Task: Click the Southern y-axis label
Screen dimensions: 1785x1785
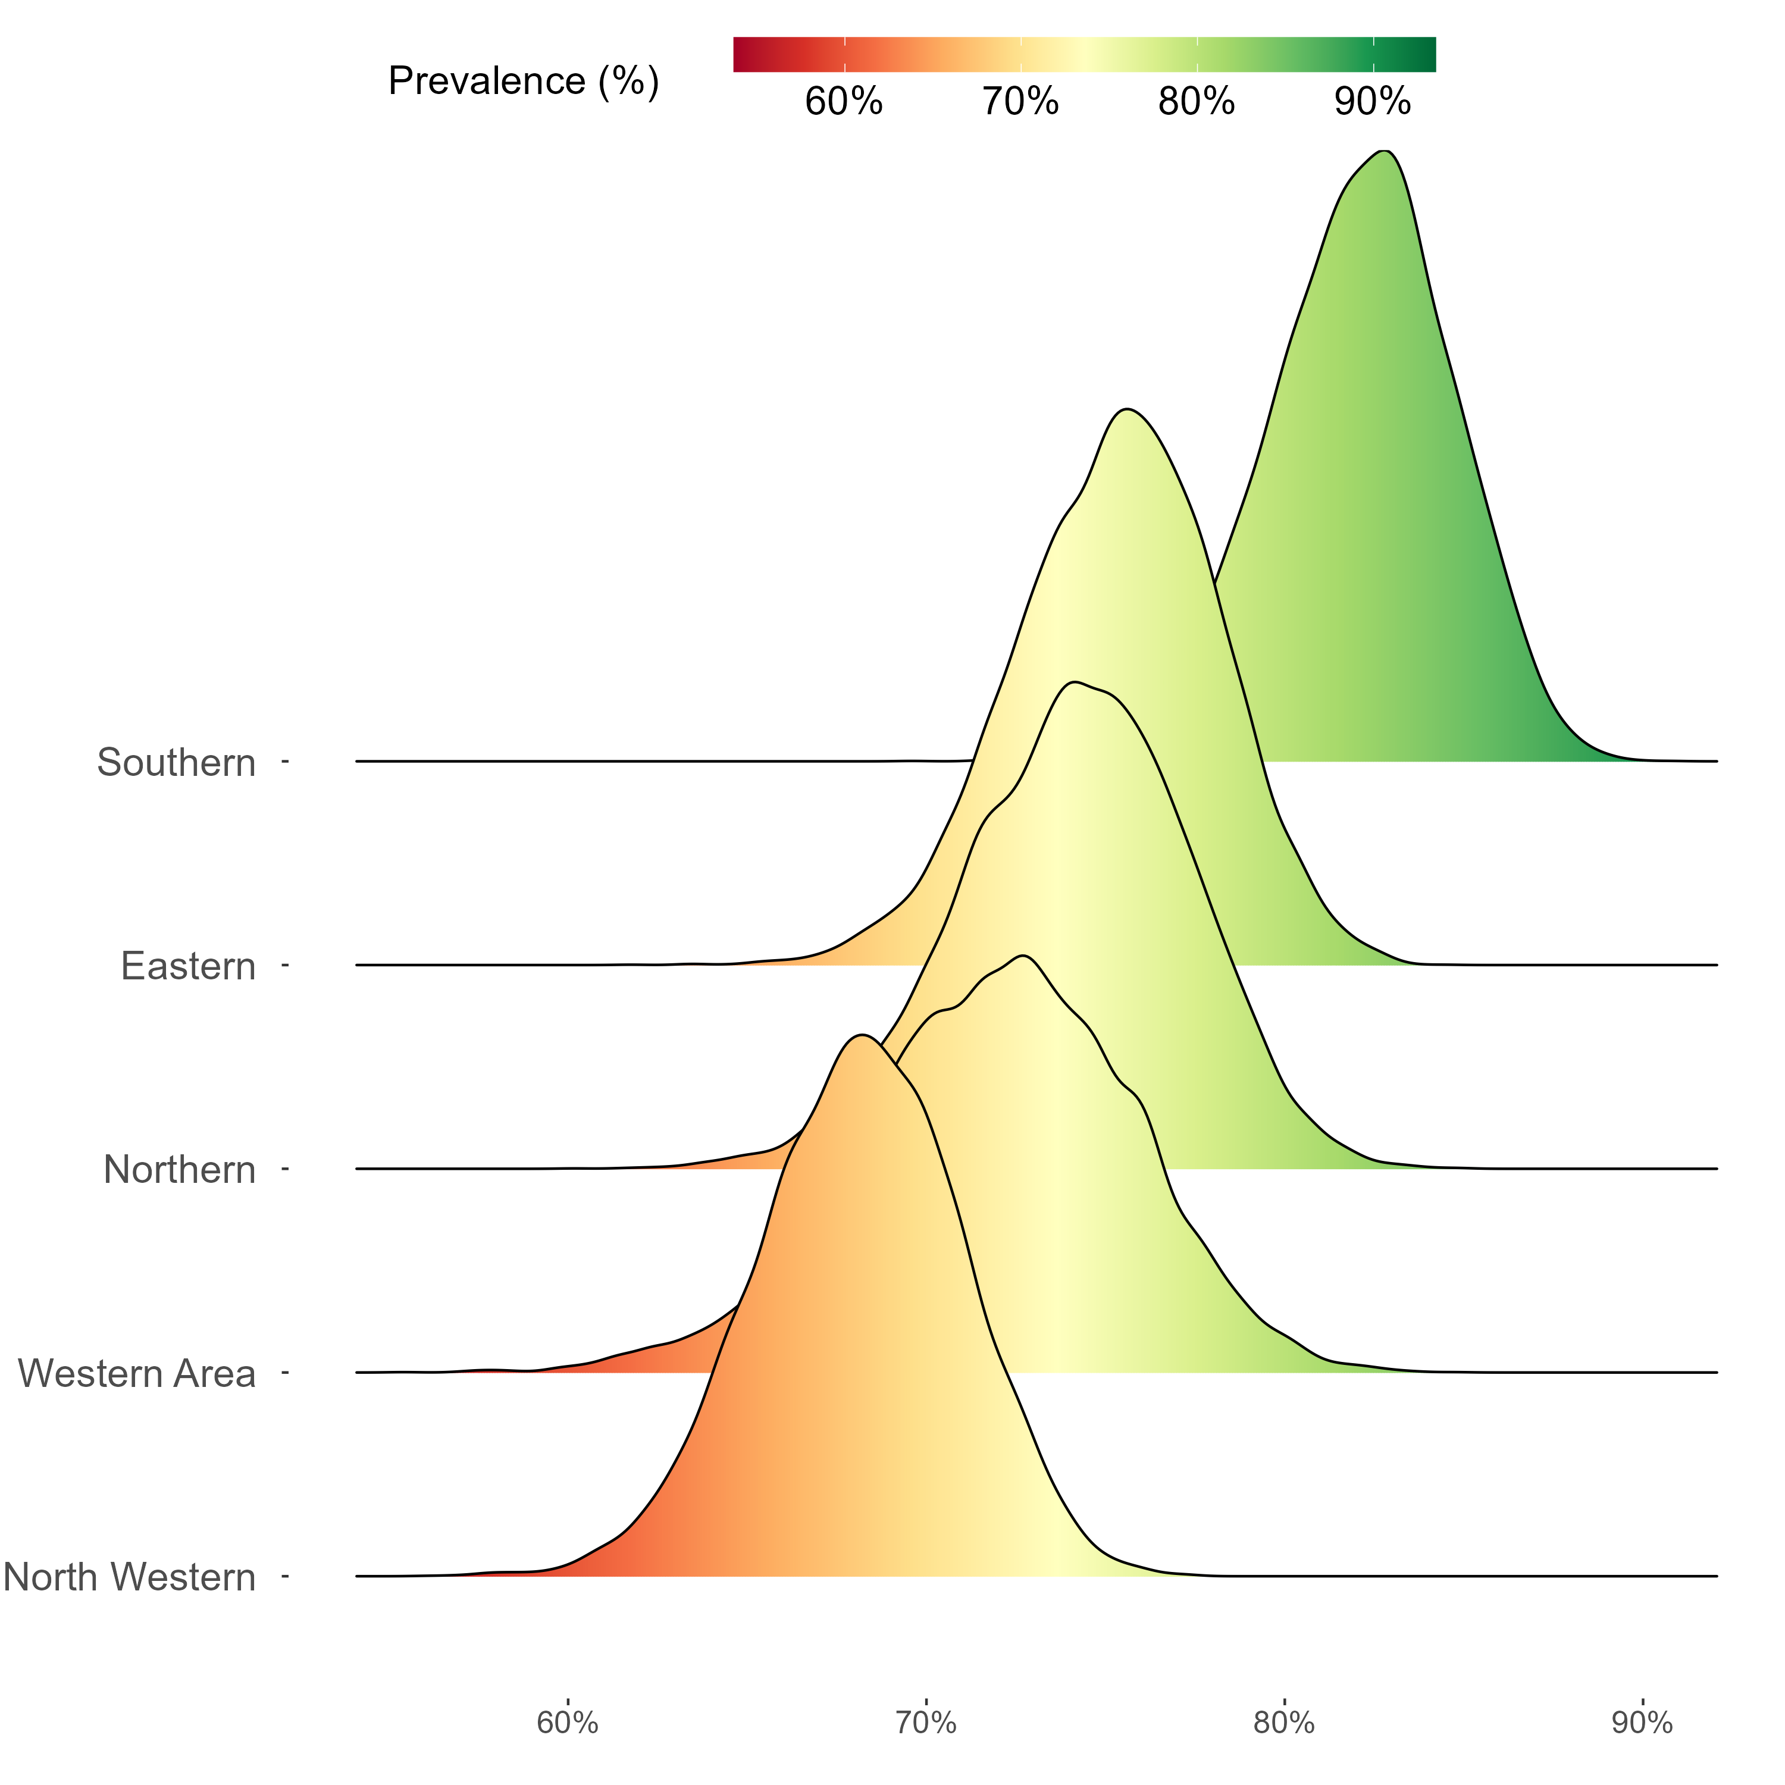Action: [176, 763]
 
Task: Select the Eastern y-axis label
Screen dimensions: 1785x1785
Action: [187, 966]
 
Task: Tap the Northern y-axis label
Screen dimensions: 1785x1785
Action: [179, 1170]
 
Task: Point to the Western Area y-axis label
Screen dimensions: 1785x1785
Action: [137, 1374]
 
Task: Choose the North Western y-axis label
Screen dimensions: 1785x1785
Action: [129, 1577]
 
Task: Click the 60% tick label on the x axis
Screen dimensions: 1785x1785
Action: [567, 1723]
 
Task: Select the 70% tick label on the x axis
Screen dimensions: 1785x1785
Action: [926, 1723]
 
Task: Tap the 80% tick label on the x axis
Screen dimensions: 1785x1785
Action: [1284, 1723]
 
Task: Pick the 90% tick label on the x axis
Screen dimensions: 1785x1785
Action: [1642, 1723]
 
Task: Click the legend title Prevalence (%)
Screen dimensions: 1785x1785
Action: [524, 82]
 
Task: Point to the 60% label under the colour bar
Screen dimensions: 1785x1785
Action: [844, 102]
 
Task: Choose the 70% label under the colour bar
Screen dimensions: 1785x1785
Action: [1020, 102]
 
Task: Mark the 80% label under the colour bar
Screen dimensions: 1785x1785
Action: [1197, 102]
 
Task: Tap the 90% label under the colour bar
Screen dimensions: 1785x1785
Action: [1373, 102]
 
